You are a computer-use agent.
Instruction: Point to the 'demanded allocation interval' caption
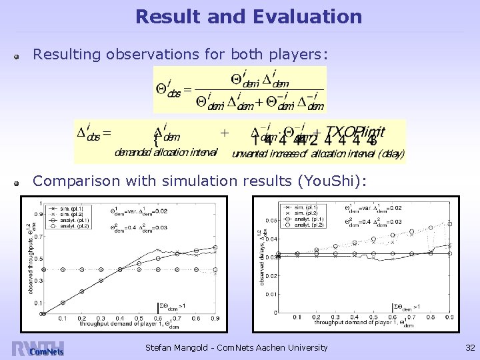click(x=166, y=153)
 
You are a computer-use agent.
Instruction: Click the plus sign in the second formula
click(x=225, y=133)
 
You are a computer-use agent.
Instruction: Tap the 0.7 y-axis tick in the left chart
click(x=38, y=237)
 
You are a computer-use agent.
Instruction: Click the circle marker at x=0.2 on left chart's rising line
click(x=82, y=291)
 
